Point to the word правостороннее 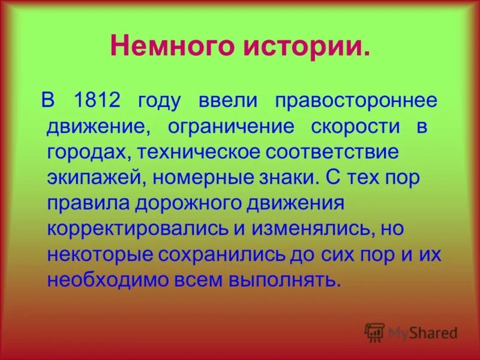[356, 100]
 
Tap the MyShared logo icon [374, 332]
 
